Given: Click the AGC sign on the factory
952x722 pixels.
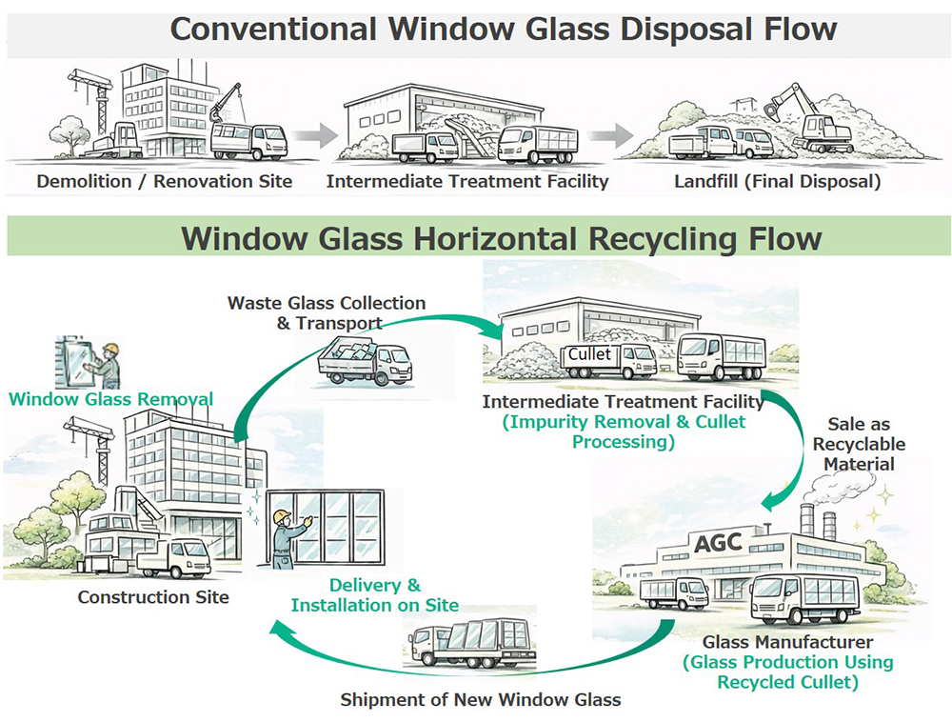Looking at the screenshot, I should (719, 545).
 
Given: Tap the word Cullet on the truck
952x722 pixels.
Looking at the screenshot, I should (590, 353).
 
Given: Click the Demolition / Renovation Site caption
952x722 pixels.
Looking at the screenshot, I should (165, 181).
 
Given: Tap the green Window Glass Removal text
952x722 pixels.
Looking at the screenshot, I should (111, 399).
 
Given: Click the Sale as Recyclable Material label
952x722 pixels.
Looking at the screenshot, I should (859, 444).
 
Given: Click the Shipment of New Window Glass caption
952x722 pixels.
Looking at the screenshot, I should (481, 700).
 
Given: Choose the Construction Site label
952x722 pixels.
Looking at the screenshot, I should (153, 598).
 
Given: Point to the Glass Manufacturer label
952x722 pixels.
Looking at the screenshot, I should (787, 642).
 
